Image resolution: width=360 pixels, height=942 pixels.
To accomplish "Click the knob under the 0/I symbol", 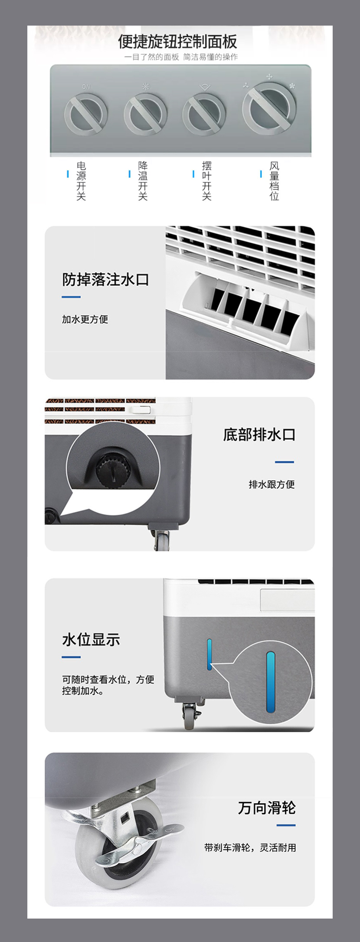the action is tap(86, 114).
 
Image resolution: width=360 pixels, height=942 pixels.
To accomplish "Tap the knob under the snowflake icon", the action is tap(145, 114).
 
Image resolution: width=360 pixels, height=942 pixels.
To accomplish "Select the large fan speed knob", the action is tap(269, 107).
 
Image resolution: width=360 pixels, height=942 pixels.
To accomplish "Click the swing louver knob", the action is tap(204, 114).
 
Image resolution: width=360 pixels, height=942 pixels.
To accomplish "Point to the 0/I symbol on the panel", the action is tap(86, 87).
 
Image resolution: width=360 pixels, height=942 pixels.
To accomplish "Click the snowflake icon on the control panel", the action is tap(145, 87).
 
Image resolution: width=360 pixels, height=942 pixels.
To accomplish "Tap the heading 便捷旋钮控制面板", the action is tap(177, 42).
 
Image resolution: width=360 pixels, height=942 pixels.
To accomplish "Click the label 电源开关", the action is tap(81, 181).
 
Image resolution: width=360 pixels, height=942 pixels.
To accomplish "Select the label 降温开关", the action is tap(143, 181).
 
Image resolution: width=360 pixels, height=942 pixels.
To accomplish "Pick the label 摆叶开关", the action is tap(206, 181).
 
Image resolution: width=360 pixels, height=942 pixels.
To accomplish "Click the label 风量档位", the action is tap(274, 181).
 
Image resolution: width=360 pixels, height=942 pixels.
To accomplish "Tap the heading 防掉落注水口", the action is tap(105, 280).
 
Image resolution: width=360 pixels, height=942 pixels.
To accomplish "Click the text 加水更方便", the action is tap(85, 319).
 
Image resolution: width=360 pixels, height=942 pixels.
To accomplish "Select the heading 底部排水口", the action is tap(259, 435).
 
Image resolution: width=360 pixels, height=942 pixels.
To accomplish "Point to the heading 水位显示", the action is tap(91, 639).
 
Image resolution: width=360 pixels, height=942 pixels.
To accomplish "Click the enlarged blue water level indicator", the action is tap(271, 682).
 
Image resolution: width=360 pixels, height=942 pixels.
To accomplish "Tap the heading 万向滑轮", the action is tap(267, 808).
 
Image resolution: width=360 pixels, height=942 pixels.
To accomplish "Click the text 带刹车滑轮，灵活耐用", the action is tap(250, 847).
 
